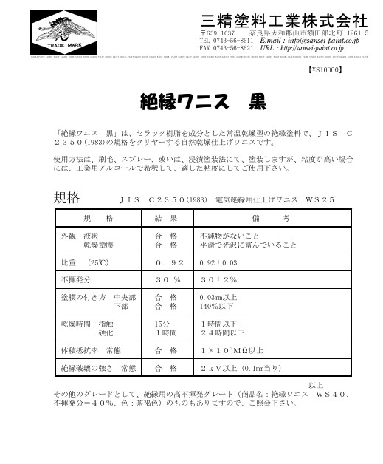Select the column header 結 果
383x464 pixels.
(x=166, y=219)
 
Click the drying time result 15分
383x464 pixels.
(x=162, y=324)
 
